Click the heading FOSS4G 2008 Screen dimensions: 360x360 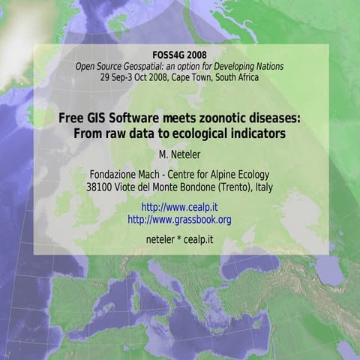click(179, 55)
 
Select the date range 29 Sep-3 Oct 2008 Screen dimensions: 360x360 click(130, 76)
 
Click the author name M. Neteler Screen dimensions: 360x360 click(179, 154)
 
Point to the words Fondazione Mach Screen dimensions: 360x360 click(123, 175)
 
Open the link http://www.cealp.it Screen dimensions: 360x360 click(179, 207)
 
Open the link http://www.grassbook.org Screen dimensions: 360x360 click(179, 219)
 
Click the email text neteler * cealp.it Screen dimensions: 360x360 click(179, 240)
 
